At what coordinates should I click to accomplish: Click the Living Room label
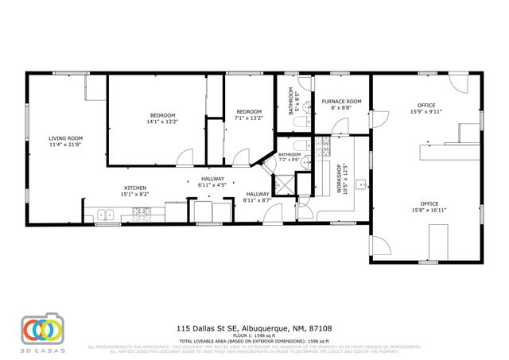click(65, 138)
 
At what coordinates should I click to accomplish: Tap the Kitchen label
click(134, 188)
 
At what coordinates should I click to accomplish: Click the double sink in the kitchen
click(104, 213)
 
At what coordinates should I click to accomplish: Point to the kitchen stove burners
click(142, 212)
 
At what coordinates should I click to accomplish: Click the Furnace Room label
click(342, 102)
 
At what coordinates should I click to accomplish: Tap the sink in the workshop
click(360, 184)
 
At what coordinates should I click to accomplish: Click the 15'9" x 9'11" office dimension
click(426, 112)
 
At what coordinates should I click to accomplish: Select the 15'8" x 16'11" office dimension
click(426, 210)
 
